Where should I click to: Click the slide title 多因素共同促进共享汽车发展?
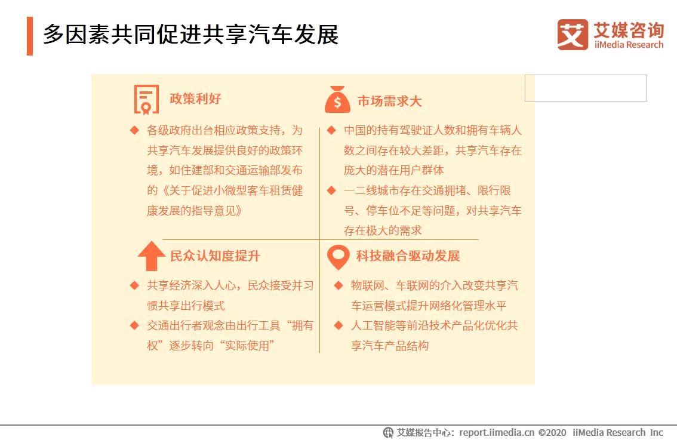pos(190,35)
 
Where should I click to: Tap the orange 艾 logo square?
pos(573,35)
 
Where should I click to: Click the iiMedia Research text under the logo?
pos(629,45)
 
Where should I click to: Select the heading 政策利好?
pos(195,99)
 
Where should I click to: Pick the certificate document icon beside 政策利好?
pos(146,99)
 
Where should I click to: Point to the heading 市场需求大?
pos(389,101)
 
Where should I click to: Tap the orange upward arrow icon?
pos(151,256)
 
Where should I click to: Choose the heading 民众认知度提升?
pos(215,256)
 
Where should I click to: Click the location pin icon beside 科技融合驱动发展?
pos(338,257)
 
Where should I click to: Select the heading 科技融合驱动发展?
pos(408,256)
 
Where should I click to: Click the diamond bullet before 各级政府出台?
pos(135,130)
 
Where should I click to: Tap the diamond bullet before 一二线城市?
pos(331,190)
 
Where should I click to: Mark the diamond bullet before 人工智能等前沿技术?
pos(338,325)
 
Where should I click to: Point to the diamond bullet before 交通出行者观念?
pos(135,325)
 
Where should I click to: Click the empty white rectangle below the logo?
pos(586,88)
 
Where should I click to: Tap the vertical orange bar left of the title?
pos(30,36)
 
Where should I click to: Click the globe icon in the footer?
pos(388,432)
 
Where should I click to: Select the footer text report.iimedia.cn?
pos(497,432)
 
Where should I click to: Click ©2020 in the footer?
pos(552,432)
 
